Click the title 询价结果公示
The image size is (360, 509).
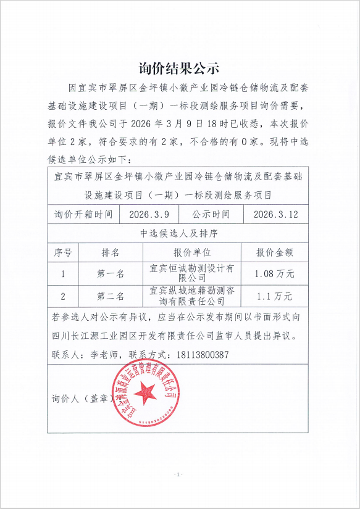(179, 67)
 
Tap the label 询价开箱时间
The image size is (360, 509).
(83, 215)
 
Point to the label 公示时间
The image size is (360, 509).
(211, 215)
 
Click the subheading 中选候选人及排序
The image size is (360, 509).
(179, 234)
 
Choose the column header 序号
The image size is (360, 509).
(64, 252)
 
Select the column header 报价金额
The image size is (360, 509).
(275, 252)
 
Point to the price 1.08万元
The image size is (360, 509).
(275, 273)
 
